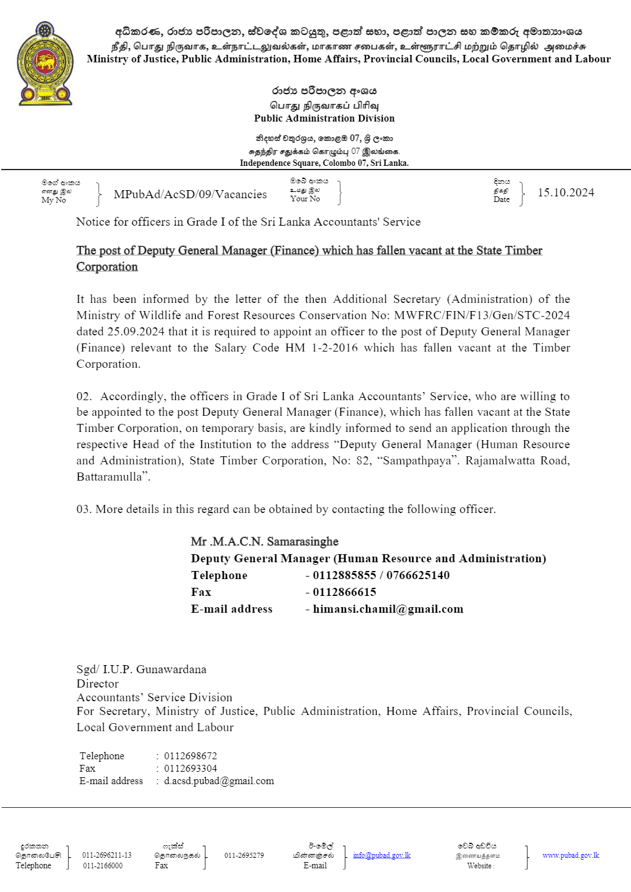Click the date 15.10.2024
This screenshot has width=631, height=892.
[566, 193]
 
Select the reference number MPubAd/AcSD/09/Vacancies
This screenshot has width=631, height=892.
[190, 194]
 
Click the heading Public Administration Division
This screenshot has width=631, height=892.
[324, 118]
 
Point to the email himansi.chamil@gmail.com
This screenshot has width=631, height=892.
[388, 609]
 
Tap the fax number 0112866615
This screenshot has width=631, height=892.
[344, 592]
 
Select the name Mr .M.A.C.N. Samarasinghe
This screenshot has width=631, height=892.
[264, 542]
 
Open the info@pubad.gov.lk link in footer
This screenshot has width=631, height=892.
[382, 855]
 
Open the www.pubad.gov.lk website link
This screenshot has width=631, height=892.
[571, 855]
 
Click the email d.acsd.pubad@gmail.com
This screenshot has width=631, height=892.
[219, 781]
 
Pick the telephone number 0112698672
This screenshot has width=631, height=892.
[190, 756]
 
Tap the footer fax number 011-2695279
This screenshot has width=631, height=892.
[244, 855]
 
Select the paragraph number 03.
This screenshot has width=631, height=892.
[84, 509]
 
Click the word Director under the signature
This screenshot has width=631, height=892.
[97, 684]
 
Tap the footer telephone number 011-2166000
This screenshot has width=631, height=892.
[103, 866]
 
